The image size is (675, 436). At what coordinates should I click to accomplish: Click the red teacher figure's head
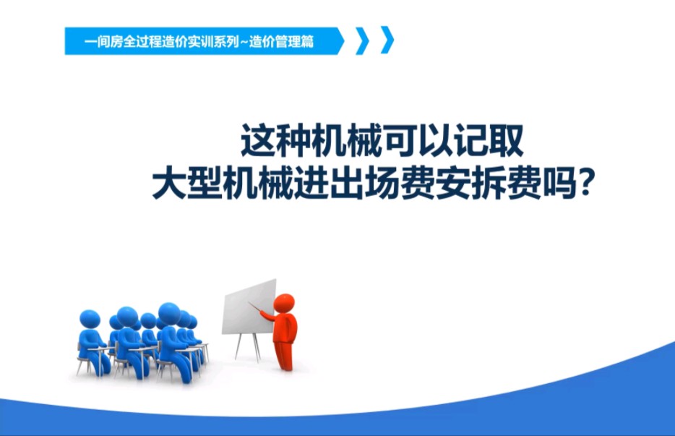[285, 303]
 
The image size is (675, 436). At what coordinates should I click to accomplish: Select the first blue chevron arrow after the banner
[362, 40]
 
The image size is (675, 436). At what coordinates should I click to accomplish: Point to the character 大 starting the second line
[168, 187]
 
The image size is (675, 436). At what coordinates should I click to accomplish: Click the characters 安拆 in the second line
[486, 187]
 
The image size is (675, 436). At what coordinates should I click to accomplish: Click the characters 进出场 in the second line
[364, 187]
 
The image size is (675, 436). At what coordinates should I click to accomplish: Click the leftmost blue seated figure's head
[90, 319]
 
